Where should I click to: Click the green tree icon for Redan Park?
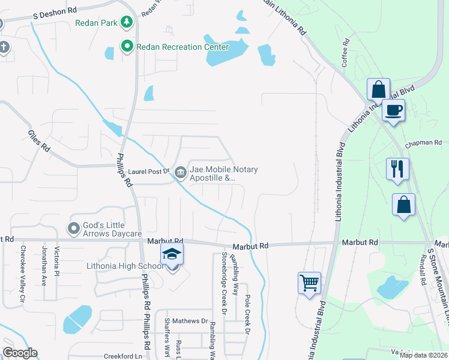click(127, 23)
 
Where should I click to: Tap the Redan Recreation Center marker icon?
click(127, 46)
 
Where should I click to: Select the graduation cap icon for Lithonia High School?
click(172, 254)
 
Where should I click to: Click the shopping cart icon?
click(309, 281)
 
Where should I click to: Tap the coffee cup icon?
click(393, 110)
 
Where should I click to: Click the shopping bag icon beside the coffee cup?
click(378, 90)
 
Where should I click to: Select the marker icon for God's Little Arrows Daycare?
click(73, 228)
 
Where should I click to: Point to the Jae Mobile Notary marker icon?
click(180, 173)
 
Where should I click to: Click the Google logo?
click(20, 353)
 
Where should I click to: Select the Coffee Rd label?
click(346, 53)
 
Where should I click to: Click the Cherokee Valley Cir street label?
click(23, 273)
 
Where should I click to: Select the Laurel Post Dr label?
click(149, 172)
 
